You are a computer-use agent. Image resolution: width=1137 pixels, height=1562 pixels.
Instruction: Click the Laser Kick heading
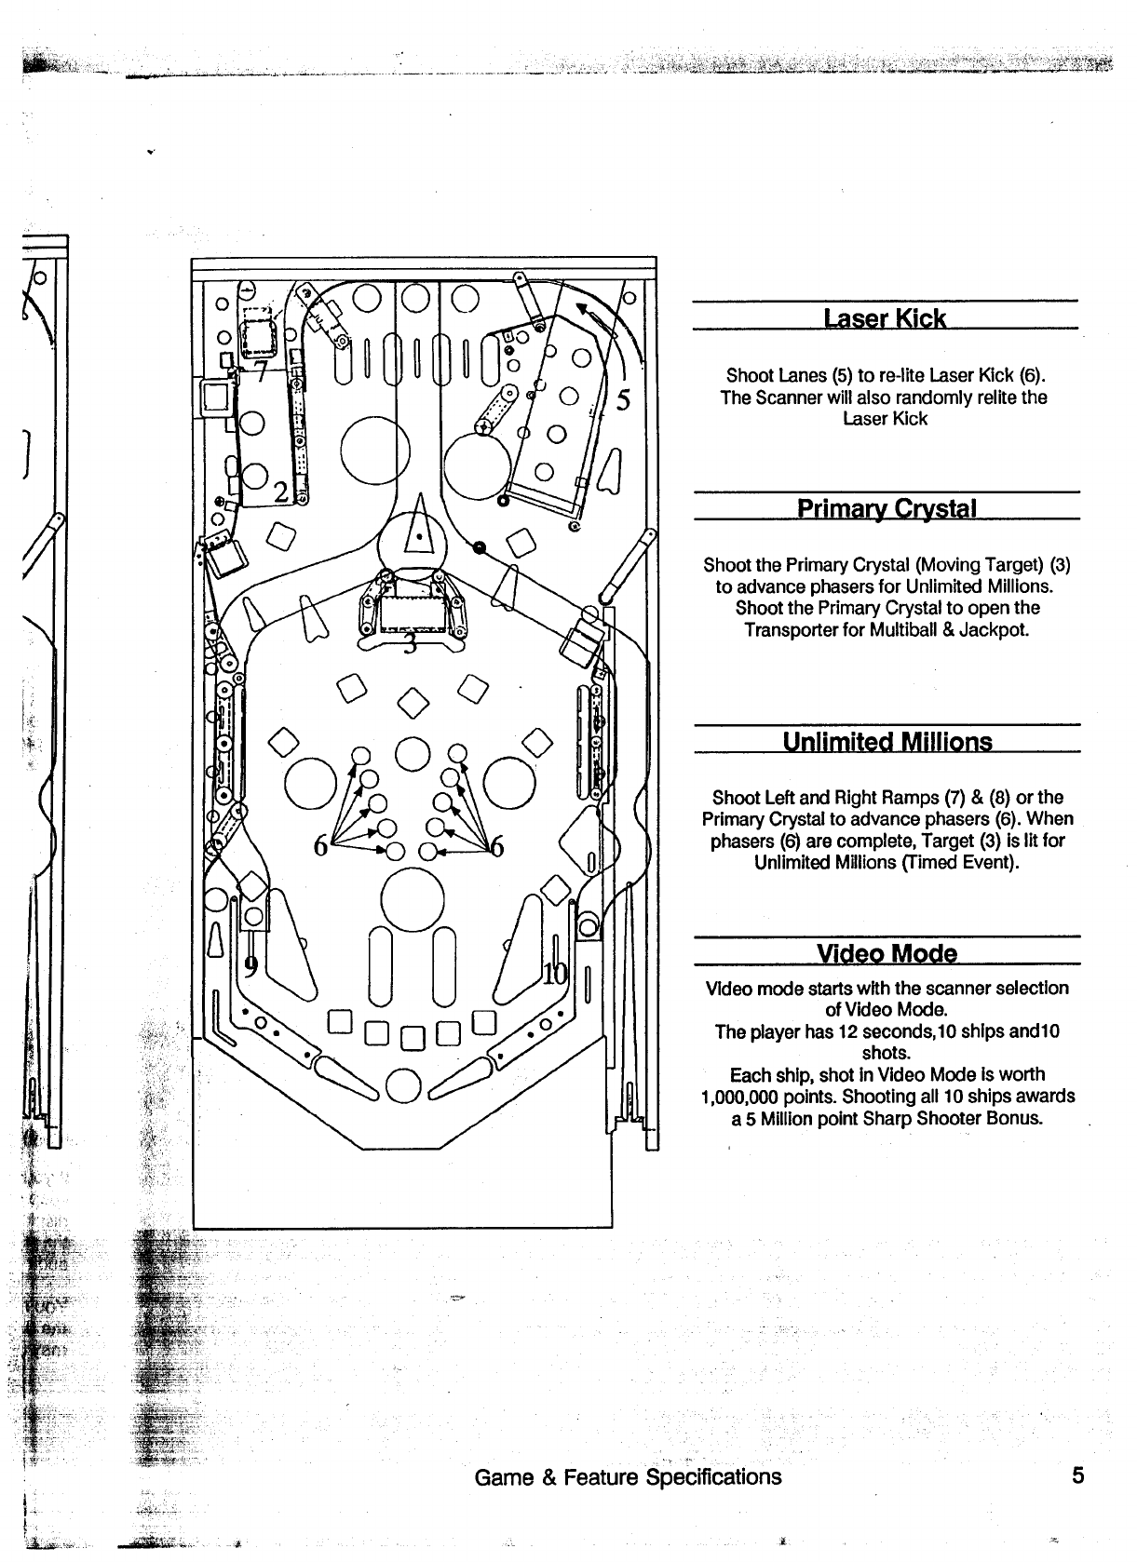click(885, 319)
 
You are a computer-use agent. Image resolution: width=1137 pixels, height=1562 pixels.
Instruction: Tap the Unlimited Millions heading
click(887, 742)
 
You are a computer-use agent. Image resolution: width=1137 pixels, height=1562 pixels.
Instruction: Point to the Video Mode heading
click(886, 954)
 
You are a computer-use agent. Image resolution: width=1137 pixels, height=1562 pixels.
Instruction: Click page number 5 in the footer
click(1078, 1476)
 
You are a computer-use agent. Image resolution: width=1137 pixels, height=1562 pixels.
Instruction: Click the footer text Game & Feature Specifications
click(628, 1477)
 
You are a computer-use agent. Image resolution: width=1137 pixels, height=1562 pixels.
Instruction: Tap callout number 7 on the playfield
click(262, 372)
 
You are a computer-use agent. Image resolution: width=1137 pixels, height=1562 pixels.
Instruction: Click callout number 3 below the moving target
click(410, 645)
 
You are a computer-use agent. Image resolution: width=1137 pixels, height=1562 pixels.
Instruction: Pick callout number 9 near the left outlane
click(250, 965)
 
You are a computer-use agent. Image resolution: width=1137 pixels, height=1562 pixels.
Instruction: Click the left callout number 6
click(321, 846)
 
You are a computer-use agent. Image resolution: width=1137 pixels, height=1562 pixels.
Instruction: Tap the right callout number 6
click(497, 846)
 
